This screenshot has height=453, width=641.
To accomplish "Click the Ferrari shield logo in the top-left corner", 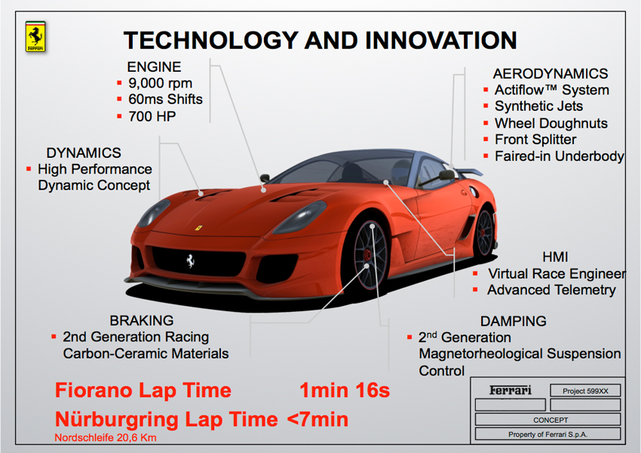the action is [35, 36].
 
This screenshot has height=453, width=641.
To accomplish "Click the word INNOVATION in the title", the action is [440, 41].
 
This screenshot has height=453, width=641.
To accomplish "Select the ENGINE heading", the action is [154, 66].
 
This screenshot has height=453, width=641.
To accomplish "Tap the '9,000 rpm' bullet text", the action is [160, 83].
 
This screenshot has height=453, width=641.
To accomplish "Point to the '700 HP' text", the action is [152, 116].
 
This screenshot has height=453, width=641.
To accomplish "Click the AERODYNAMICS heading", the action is [551, 74].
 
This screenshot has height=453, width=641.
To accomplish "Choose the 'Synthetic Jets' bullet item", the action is [538, 106].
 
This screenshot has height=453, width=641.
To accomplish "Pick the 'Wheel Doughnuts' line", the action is [551, 123].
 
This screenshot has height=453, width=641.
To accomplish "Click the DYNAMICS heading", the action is [84, 153].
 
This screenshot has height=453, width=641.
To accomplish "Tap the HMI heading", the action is [555, 257].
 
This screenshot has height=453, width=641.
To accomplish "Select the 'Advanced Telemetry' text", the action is [551, 290].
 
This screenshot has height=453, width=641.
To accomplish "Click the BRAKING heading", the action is [142, 320].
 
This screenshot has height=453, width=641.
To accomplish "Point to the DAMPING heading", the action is [513, 321].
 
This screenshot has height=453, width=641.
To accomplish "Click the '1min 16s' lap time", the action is [345, 390].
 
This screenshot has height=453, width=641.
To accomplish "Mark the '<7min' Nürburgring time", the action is [317, 420].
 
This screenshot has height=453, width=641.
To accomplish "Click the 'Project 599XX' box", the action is [585, 391].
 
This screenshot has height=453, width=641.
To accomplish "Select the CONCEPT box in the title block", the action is [547, 420].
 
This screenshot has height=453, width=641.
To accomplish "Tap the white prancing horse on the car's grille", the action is [190, 260].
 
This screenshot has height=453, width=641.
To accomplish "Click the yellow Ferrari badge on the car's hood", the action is [198, 227].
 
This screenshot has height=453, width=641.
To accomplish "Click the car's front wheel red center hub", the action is [367, 255].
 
